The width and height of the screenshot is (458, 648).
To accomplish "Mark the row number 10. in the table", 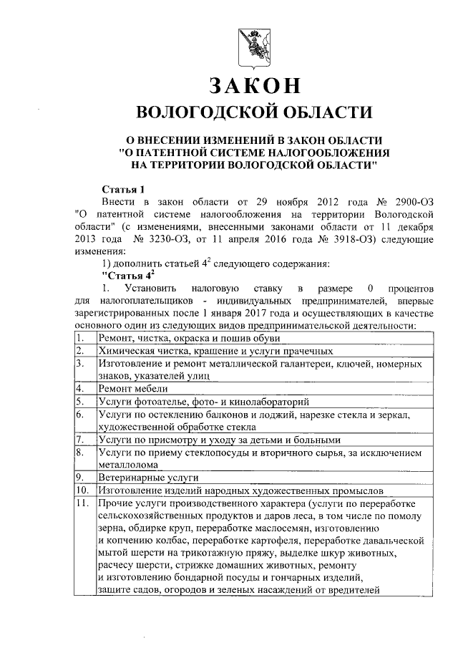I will tap(82, 490).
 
